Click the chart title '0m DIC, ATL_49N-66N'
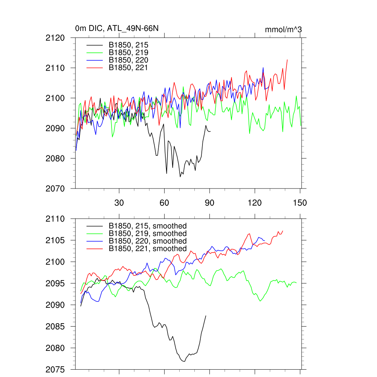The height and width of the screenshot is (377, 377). (117, 29)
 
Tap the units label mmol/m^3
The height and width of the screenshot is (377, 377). (283, 29)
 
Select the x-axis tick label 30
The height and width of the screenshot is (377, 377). (119, 202)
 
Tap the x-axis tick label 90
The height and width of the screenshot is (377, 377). (209, 202)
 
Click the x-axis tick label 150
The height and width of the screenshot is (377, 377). (300, 202)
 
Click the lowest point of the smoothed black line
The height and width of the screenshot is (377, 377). (184, 362)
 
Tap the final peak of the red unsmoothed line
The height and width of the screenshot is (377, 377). (287, 60)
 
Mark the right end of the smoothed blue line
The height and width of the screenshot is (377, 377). (265, 240)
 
